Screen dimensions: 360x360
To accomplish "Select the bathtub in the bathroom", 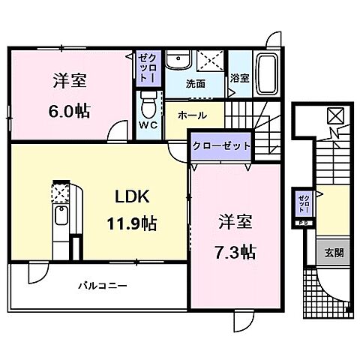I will coord(267,74).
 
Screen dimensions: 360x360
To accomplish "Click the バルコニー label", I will coord(101,286).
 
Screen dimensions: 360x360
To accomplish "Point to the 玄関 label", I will coord(334,252).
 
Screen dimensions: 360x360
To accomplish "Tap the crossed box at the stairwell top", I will coord(334,115).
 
